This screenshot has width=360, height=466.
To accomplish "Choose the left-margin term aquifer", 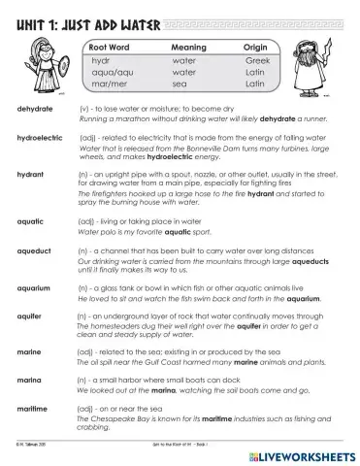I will pyautogui.click(x=31, y=316).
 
